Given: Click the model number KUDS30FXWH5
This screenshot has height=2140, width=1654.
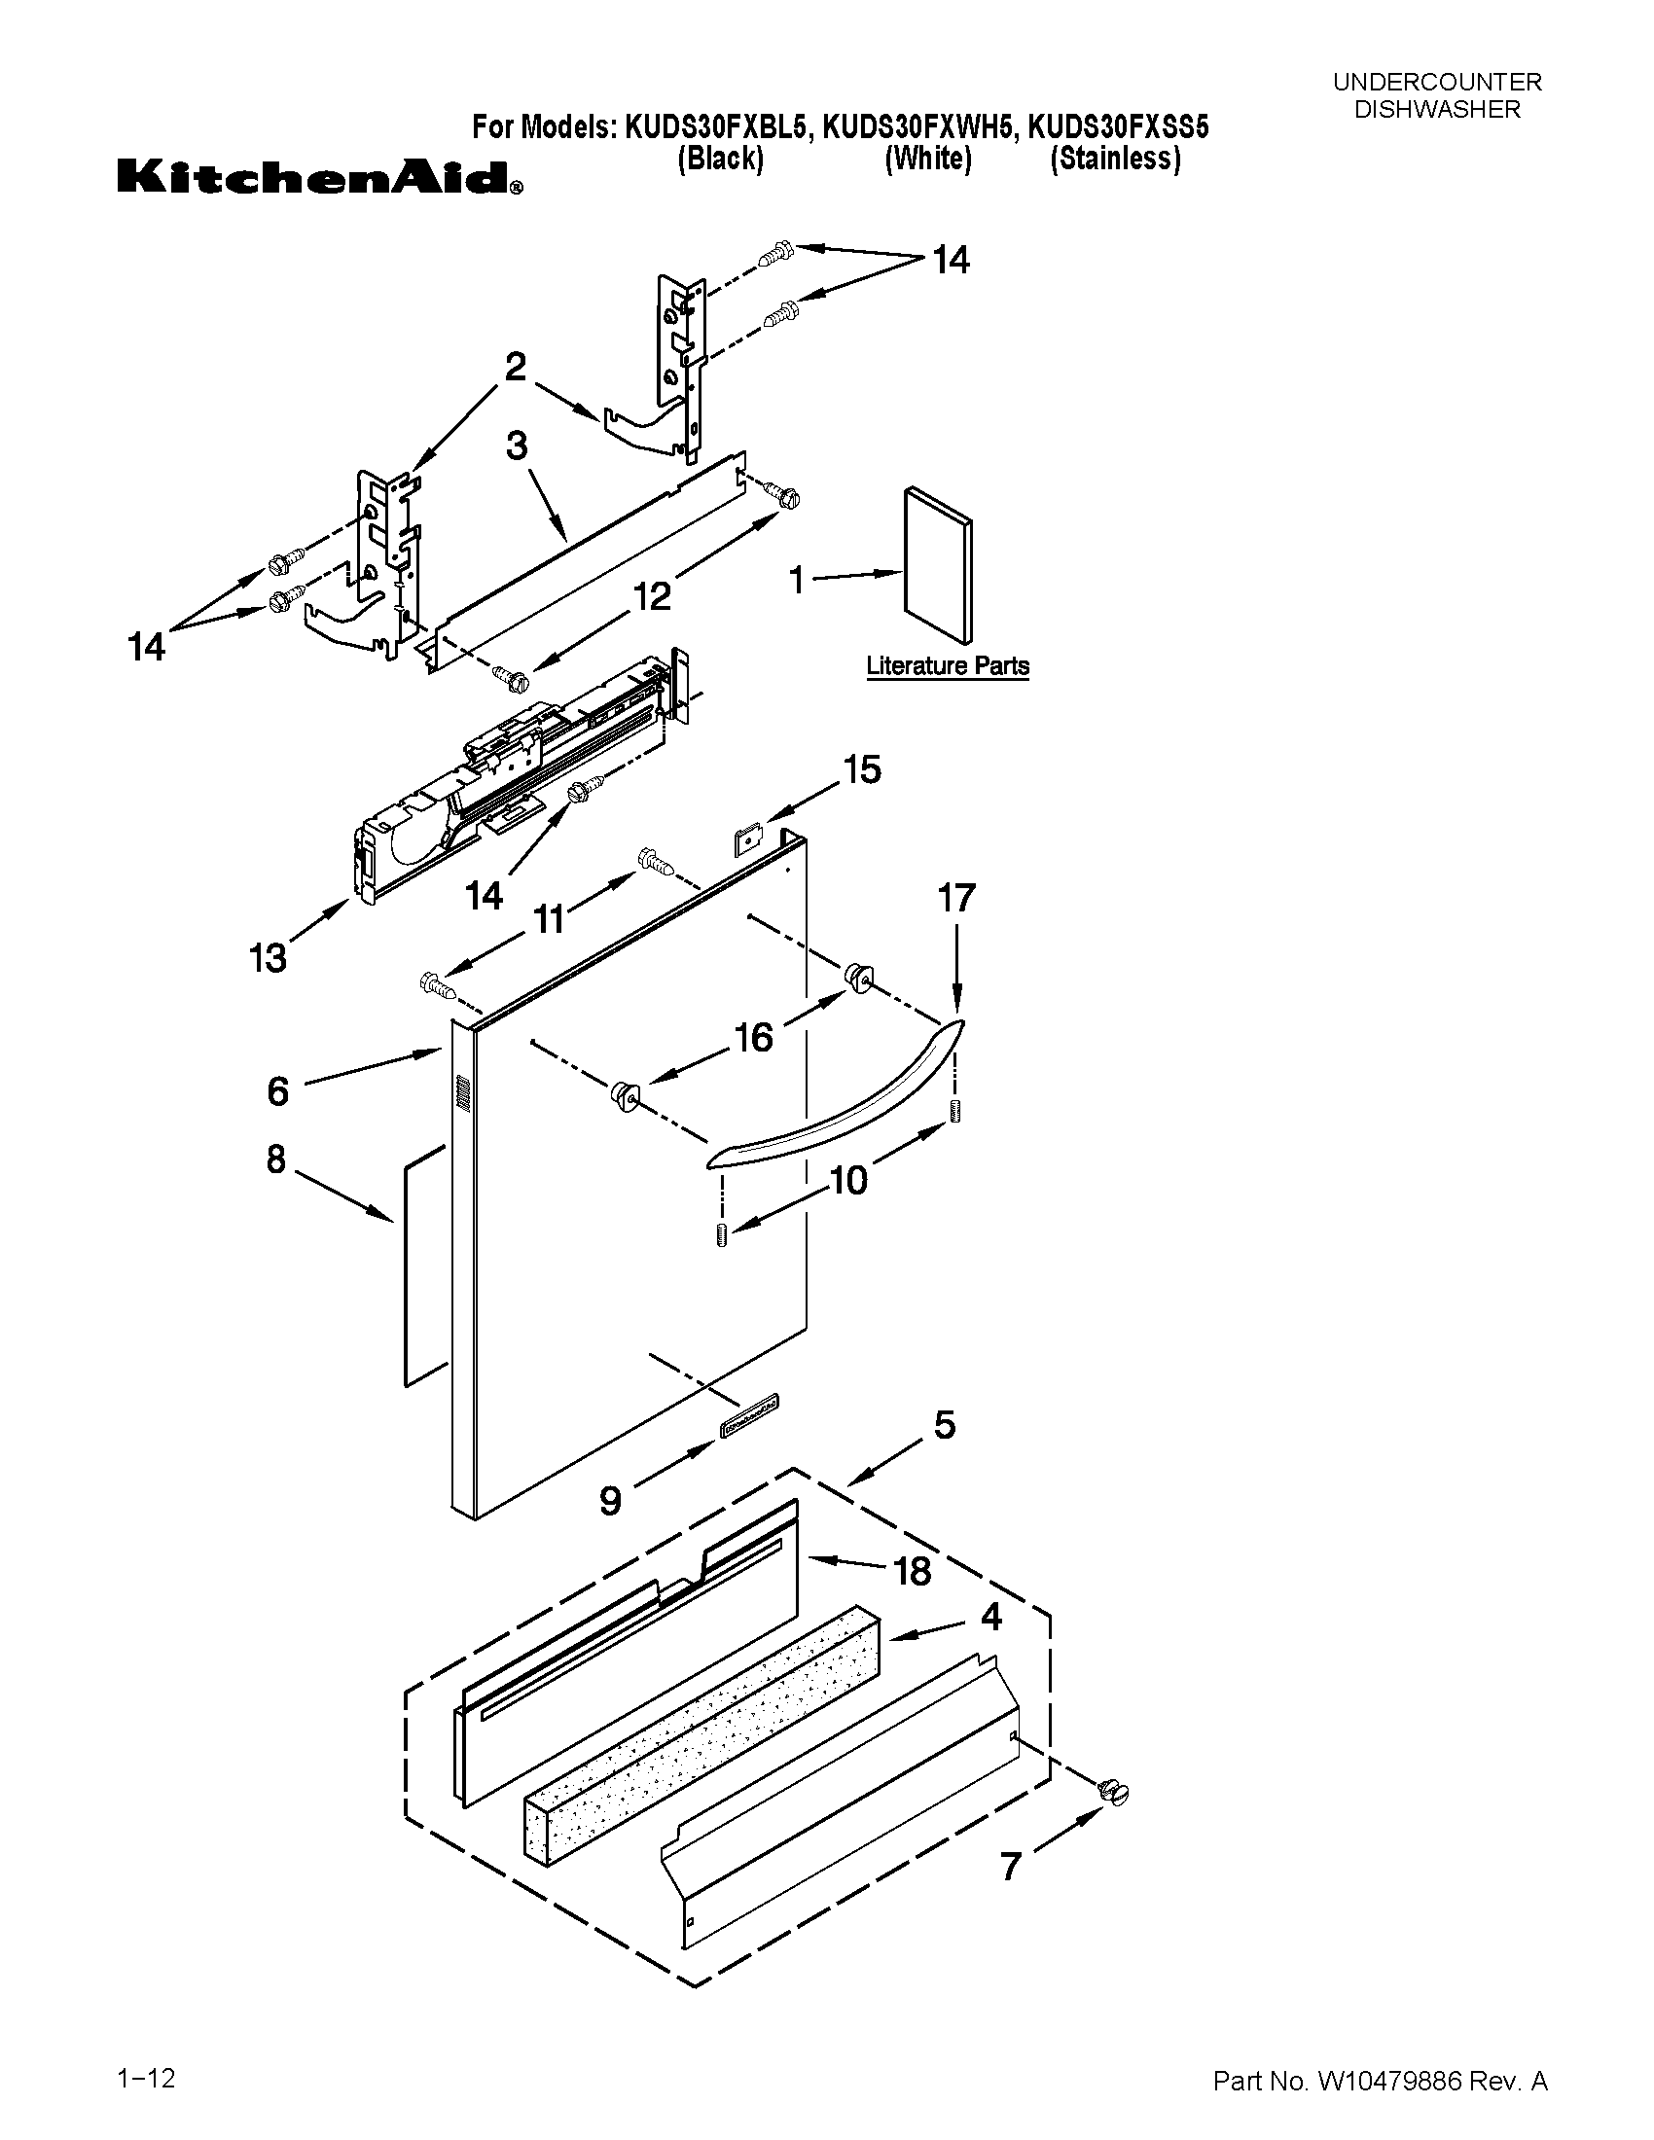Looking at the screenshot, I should (x=917, y=127).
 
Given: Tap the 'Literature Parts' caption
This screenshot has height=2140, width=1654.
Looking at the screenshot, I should (x=947, y=666).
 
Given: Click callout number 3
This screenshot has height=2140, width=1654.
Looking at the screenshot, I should (x=517, y=446).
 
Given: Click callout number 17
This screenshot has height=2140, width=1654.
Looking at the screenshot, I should (x=956, y=898).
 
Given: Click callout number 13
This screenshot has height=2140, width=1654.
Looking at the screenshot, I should (x=268, y=957).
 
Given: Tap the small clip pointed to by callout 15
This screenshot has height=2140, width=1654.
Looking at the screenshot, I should (x=746, y=838).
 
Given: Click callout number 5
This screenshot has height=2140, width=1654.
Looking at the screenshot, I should (x=944, y=1425).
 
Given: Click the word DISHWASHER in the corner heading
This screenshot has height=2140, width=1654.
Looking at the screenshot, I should (x=1436, y=110).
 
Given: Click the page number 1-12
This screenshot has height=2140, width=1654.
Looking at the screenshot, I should (x=146, y=2070).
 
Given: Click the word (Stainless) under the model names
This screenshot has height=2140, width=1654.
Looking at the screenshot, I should (x=1115, y=159).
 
